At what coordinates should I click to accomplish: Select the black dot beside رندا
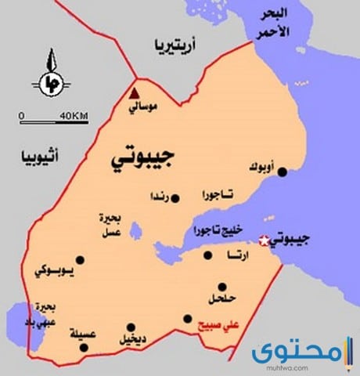175,198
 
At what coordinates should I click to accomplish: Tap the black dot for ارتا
208,255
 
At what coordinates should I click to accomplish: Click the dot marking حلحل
223,287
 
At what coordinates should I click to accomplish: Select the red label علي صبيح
220,326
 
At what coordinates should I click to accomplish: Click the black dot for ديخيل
131,327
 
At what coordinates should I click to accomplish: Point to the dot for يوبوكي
79,259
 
